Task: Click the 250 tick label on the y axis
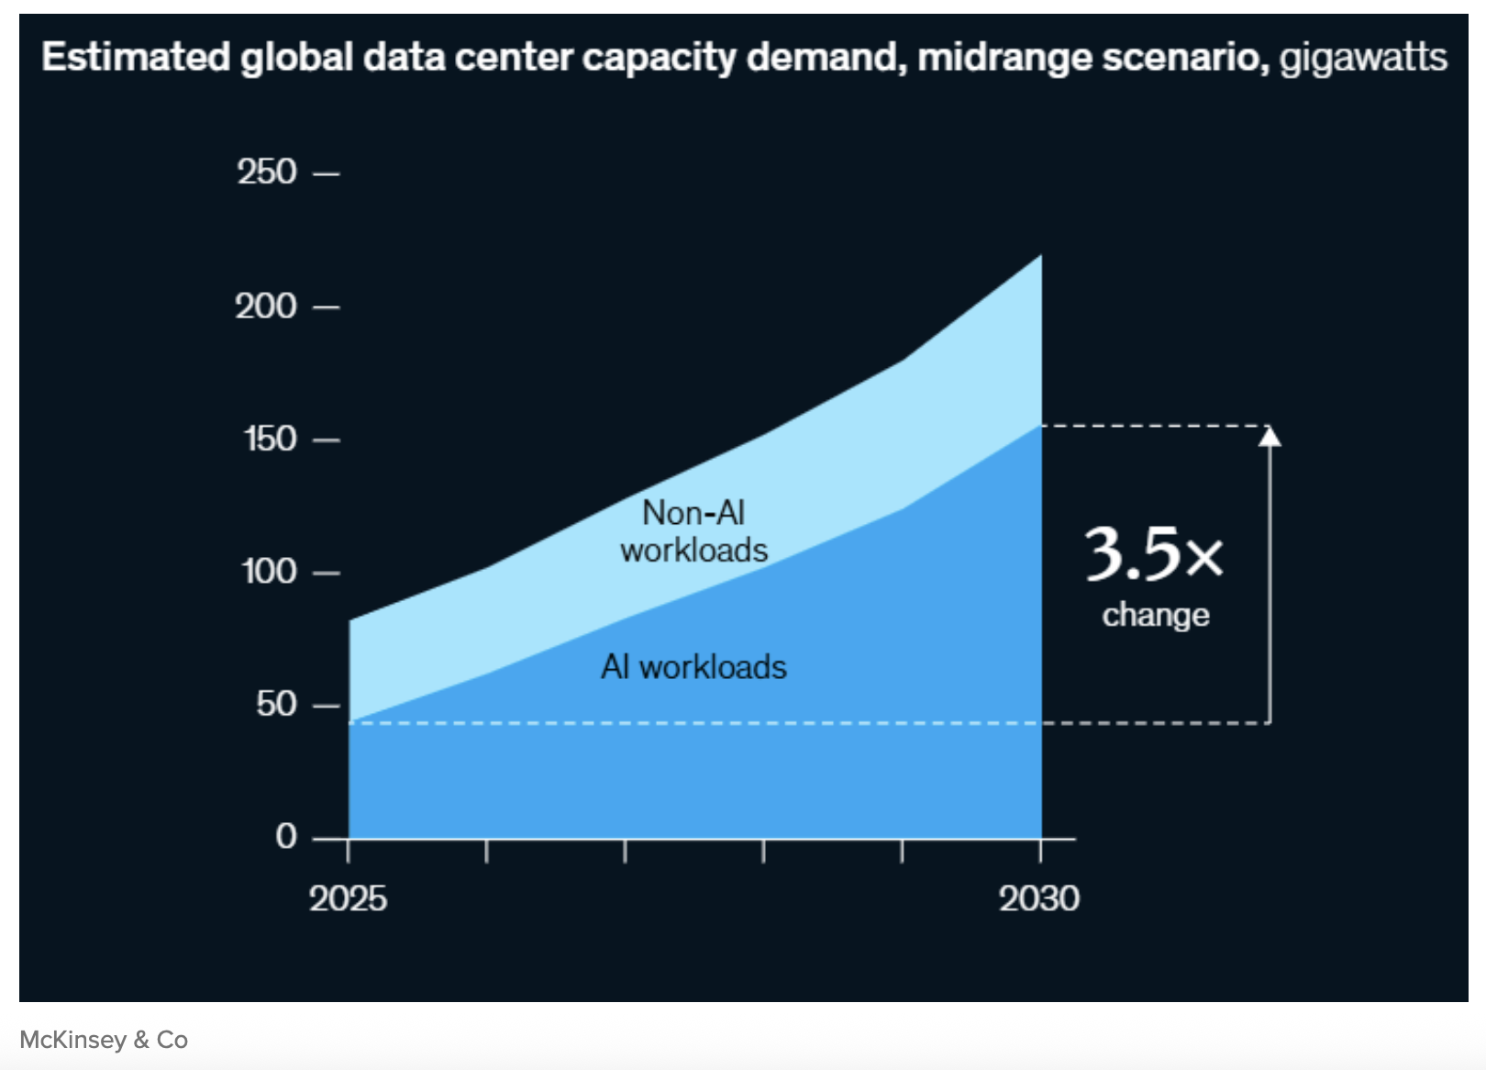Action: (267, 173)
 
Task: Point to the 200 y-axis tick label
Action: (266, 307)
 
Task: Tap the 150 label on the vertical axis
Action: (270, 440)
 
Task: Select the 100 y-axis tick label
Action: (269, 573)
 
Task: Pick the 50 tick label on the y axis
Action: (276, 705)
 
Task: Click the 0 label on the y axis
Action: (286, 837)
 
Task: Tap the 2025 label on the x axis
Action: (348, 899)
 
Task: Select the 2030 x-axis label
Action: (1039, 899)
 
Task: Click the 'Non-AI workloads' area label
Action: (693, 531)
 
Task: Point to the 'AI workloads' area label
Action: (693, 667)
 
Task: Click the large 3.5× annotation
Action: (1154, 554)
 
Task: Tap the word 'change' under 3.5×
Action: (1156, 615)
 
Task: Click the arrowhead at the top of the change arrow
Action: (1270, 436)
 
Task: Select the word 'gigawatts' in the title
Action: (1363, 58)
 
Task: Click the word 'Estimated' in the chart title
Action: (136, 58)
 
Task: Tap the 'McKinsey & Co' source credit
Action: (104, 1040)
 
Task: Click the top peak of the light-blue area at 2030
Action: (1040, 256)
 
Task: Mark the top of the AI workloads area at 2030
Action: (1040, 426)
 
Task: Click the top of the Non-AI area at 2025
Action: (350, 621)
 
